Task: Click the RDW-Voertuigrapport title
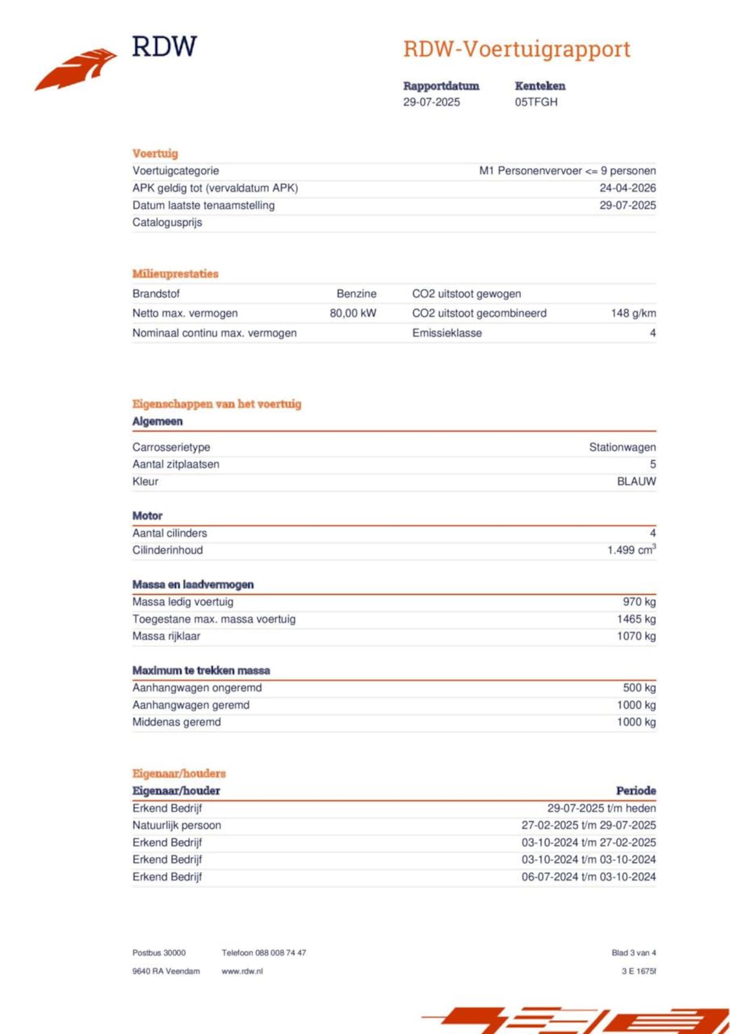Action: (517, 49)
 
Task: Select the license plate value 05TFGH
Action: (536, 102)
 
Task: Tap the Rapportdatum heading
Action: (441, 86)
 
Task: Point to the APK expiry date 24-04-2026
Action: (627, 188)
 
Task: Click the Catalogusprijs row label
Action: (167, 223)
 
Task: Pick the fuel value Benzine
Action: (356, 294)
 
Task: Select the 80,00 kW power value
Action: (353, 313)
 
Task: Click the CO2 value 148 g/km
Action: (633, 313)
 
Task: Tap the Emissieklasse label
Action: (447, 333)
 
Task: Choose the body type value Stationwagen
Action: (622, 447)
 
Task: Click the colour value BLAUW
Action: (636, 482)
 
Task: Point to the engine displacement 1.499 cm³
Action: (631, 550)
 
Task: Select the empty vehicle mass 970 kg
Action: (639, 602)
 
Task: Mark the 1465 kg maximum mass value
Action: (636, 619)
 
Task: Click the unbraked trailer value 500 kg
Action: (639, 688)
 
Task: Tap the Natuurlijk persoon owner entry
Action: (177, 825)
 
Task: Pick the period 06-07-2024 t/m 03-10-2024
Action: (589, 877)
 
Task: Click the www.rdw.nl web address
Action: (242, 971)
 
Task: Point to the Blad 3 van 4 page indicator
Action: (634, 952)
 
